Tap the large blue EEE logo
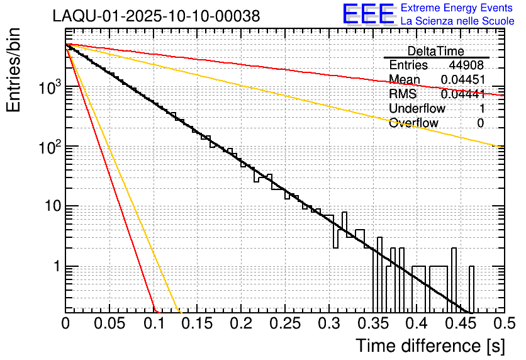click(368, 14)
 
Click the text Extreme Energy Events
click(457, 8)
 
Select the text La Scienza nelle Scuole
click(457, 21)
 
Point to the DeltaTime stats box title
click(436, 51)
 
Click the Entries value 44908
click(466, 65)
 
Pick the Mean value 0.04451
click(462, 80)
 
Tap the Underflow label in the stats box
click(417, 109)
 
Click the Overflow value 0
click(480, 123)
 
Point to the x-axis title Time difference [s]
click(430, 346)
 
